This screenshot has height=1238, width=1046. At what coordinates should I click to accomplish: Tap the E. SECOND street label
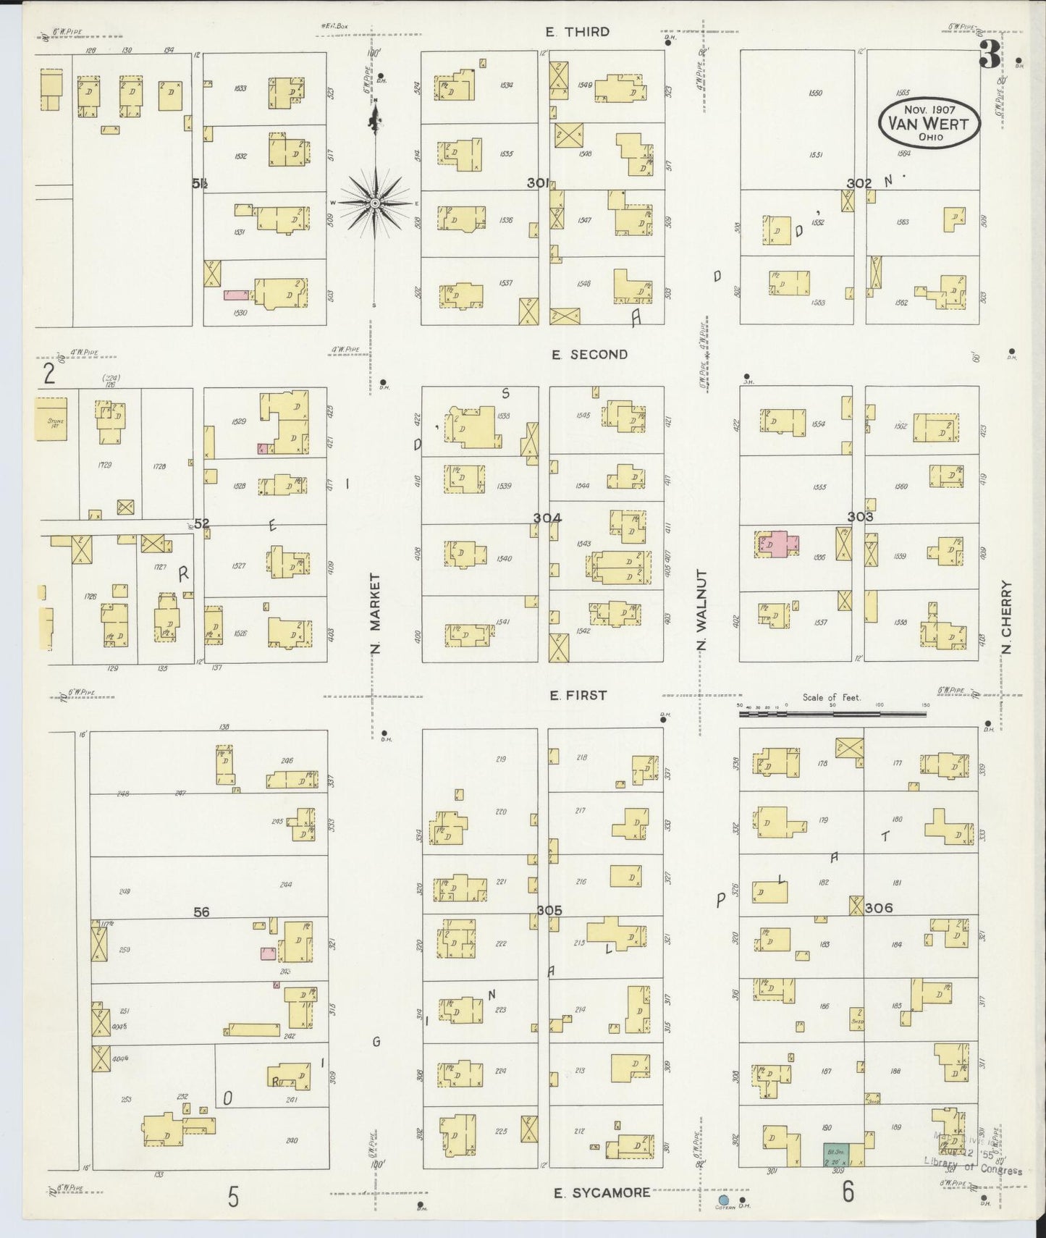(589, 355)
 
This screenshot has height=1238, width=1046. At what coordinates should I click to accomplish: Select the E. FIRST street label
(577, 696)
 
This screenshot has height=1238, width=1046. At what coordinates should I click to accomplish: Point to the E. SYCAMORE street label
(602, 1192)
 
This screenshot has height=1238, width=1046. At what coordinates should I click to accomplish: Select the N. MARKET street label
(375, 614)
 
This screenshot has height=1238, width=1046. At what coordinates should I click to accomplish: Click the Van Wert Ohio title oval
(929, 124)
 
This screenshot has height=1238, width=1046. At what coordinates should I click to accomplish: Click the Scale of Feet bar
(832, 714)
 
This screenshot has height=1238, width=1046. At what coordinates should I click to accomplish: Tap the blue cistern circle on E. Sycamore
(723, 1200)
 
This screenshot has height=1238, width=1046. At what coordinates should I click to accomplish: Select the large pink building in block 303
(777, 543)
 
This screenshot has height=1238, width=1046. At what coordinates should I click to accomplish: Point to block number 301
(538, 183)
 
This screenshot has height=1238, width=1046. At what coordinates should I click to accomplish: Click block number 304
(547, 518)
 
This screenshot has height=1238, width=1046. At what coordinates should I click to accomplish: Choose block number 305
(549, 909)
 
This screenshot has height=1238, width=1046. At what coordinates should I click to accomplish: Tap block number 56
(201, 912)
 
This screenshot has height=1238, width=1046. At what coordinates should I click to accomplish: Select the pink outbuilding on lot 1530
(236, 295)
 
